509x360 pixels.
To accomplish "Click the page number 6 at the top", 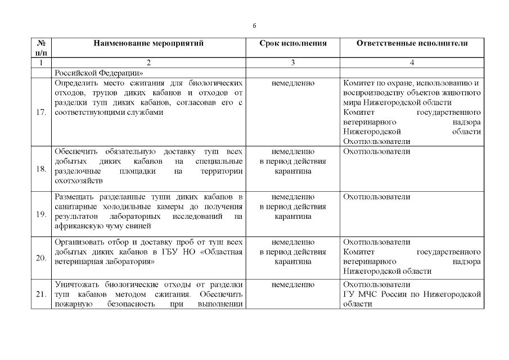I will tap(254, 26).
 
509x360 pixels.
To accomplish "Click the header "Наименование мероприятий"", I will tap(148, 43).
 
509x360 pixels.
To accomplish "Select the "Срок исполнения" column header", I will tap(292, 43).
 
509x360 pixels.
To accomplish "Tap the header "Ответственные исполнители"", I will tap(412, 43).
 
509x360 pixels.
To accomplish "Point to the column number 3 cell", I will tap(292, 62).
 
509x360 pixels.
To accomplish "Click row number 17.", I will tap(40, 112).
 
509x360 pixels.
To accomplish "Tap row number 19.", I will tap(40, 214).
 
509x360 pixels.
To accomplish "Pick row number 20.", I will tap(40, 258).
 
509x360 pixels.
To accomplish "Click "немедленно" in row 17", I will tap(292, 83).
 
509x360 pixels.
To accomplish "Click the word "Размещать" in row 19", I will tap(76, 196).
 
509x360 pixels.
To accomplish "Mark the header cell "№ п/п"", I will tap(40, 47).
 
